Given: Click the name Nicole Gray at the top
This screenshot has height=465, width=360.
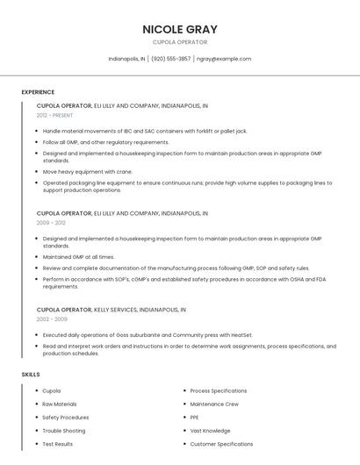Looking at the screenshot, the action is [180, 29].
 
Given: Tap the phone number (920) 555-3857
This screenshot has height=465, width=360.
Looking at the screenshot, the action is [170, 59].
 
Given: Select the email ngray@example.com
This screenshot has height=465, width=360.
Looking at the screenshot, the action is [224, 59].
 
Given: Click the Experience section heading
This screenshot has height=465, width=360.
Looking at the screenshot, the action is [38, 92].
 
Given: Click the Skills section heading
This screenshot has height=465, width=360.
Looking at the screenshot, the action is [31, 375].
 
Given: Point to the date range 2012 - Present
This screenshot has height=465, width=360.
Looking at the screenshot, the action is [55, 115].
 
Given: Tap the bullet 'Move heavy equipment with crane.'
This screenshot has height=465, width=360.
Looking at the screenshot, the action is [88, 172].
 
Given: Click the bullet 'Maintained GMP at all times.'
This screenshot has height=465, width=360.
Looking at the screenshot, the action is [79, 257].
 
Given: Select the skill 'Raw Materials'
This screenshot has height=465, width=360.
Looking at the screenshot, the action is [60, 404].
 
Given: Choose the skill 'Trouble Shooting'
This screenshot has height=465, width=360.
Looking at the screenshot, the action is [64, 431].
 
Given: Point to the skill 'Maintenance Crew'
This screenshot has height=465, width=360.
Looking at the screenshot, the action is [214, 404].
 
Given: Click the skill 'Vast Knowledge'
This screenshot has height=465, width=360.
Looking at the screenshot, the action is [211, 431].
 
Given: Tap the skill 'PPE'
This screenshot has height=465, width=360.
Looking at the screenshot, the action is [195, 417].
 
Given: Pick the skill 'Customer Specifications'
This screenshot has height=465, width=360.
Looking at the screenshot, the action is [221, 444].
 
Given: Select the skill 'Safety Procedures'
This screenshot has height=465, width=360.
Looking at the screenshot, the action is [66, 417].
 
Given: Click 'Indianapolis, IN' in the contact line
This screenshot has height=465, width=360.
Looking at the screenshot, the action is [127, 59].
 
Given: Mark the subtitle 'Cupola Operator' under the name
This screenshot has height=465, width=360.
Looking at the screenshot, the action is [180, 42].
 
